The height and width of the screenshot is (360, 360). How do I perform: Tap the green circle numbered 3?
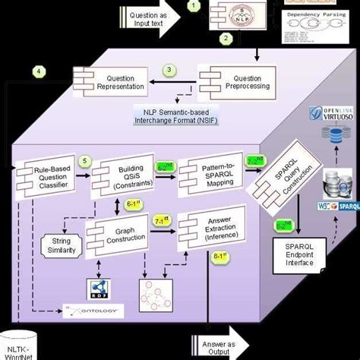[171, 70]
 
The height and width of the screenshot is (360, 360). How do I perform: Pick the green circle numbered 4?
[38, 74]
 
